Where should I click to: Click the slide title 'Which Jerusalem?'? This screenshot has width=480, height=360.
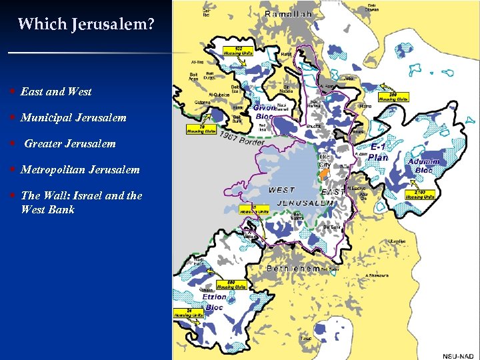pos(86,25)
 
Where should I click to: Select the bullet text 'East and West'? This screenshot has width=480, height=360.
pos(56,91)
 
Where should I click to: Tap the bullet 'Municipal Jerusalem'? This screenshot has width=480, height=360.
pos(73,117)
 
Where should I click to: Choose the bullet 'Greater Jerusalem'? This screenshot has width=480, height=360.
pos(70,143)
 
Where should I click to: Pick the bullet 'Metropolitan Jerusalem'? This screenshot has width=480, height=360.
pos(80,169)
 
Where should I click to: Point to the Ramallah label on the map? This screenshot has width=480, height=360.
pos(289,14)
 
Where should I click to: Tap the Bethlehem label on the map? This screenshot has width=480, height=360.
pos(293,268)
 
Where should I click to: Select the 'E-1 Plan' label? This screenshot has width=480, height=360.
pos(379,151)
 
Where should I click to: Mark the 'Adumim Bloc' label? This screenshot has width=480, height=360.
pos(424,165)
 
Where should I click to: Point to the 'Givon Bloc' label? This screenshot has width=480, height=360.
pos(265,110)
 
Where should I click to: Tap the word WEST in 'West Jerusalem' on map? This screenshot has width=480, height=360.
pos(282,190)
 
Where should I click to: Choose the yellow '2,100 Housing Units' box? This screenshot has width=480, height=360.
pos(421,194)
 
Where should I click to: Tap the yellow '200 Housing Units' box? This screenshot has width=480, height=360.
pos(393,95)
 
